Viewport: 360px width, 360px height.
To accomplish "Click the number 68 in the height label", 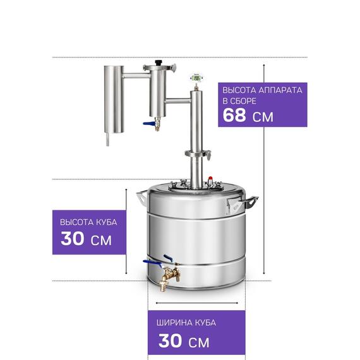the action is (x=234, y=115).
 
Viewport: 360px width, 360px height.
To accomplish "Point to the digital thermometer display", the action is (x=196, y=78).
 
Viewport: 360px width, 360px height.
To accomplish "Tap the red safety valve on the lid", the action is (x=210, y=178).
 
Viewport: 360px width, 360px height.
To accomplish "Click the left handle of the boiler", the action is (x=142, y=197).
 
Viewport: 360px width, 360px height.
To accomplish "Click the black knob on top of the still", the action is (x=159, y=63).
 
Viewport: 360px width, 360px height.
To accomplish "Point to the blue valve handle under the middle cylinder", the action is (x=148, y=124).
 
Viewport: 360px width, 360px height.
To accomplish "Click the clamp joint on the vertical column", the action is (x=198, y=154).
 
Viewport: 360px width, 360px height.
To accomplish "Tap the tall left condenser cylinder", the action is (x=114, y=99).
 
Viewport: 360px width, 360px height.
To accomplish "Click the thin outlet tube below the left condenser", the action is (x=107, y=140).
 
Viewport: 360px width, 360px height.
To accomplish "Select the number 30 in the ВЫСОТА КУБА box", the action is (x=72, y=238).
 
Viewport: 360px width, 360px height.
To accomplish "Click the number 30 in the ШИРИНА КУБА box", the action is (x=170, y=340).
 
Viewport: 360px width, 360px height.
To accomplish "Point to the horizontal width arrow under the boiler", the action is (x=197, y=303).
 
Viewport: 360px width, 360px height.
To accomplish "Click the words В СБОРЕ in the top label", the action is (x=239, y=101).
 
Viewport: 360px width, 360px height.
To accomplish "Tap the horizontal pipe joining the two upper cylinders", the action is (x=136, y=75).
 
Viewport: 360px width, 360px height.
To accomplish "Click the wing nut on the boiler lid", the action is (x=183, y=183).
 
